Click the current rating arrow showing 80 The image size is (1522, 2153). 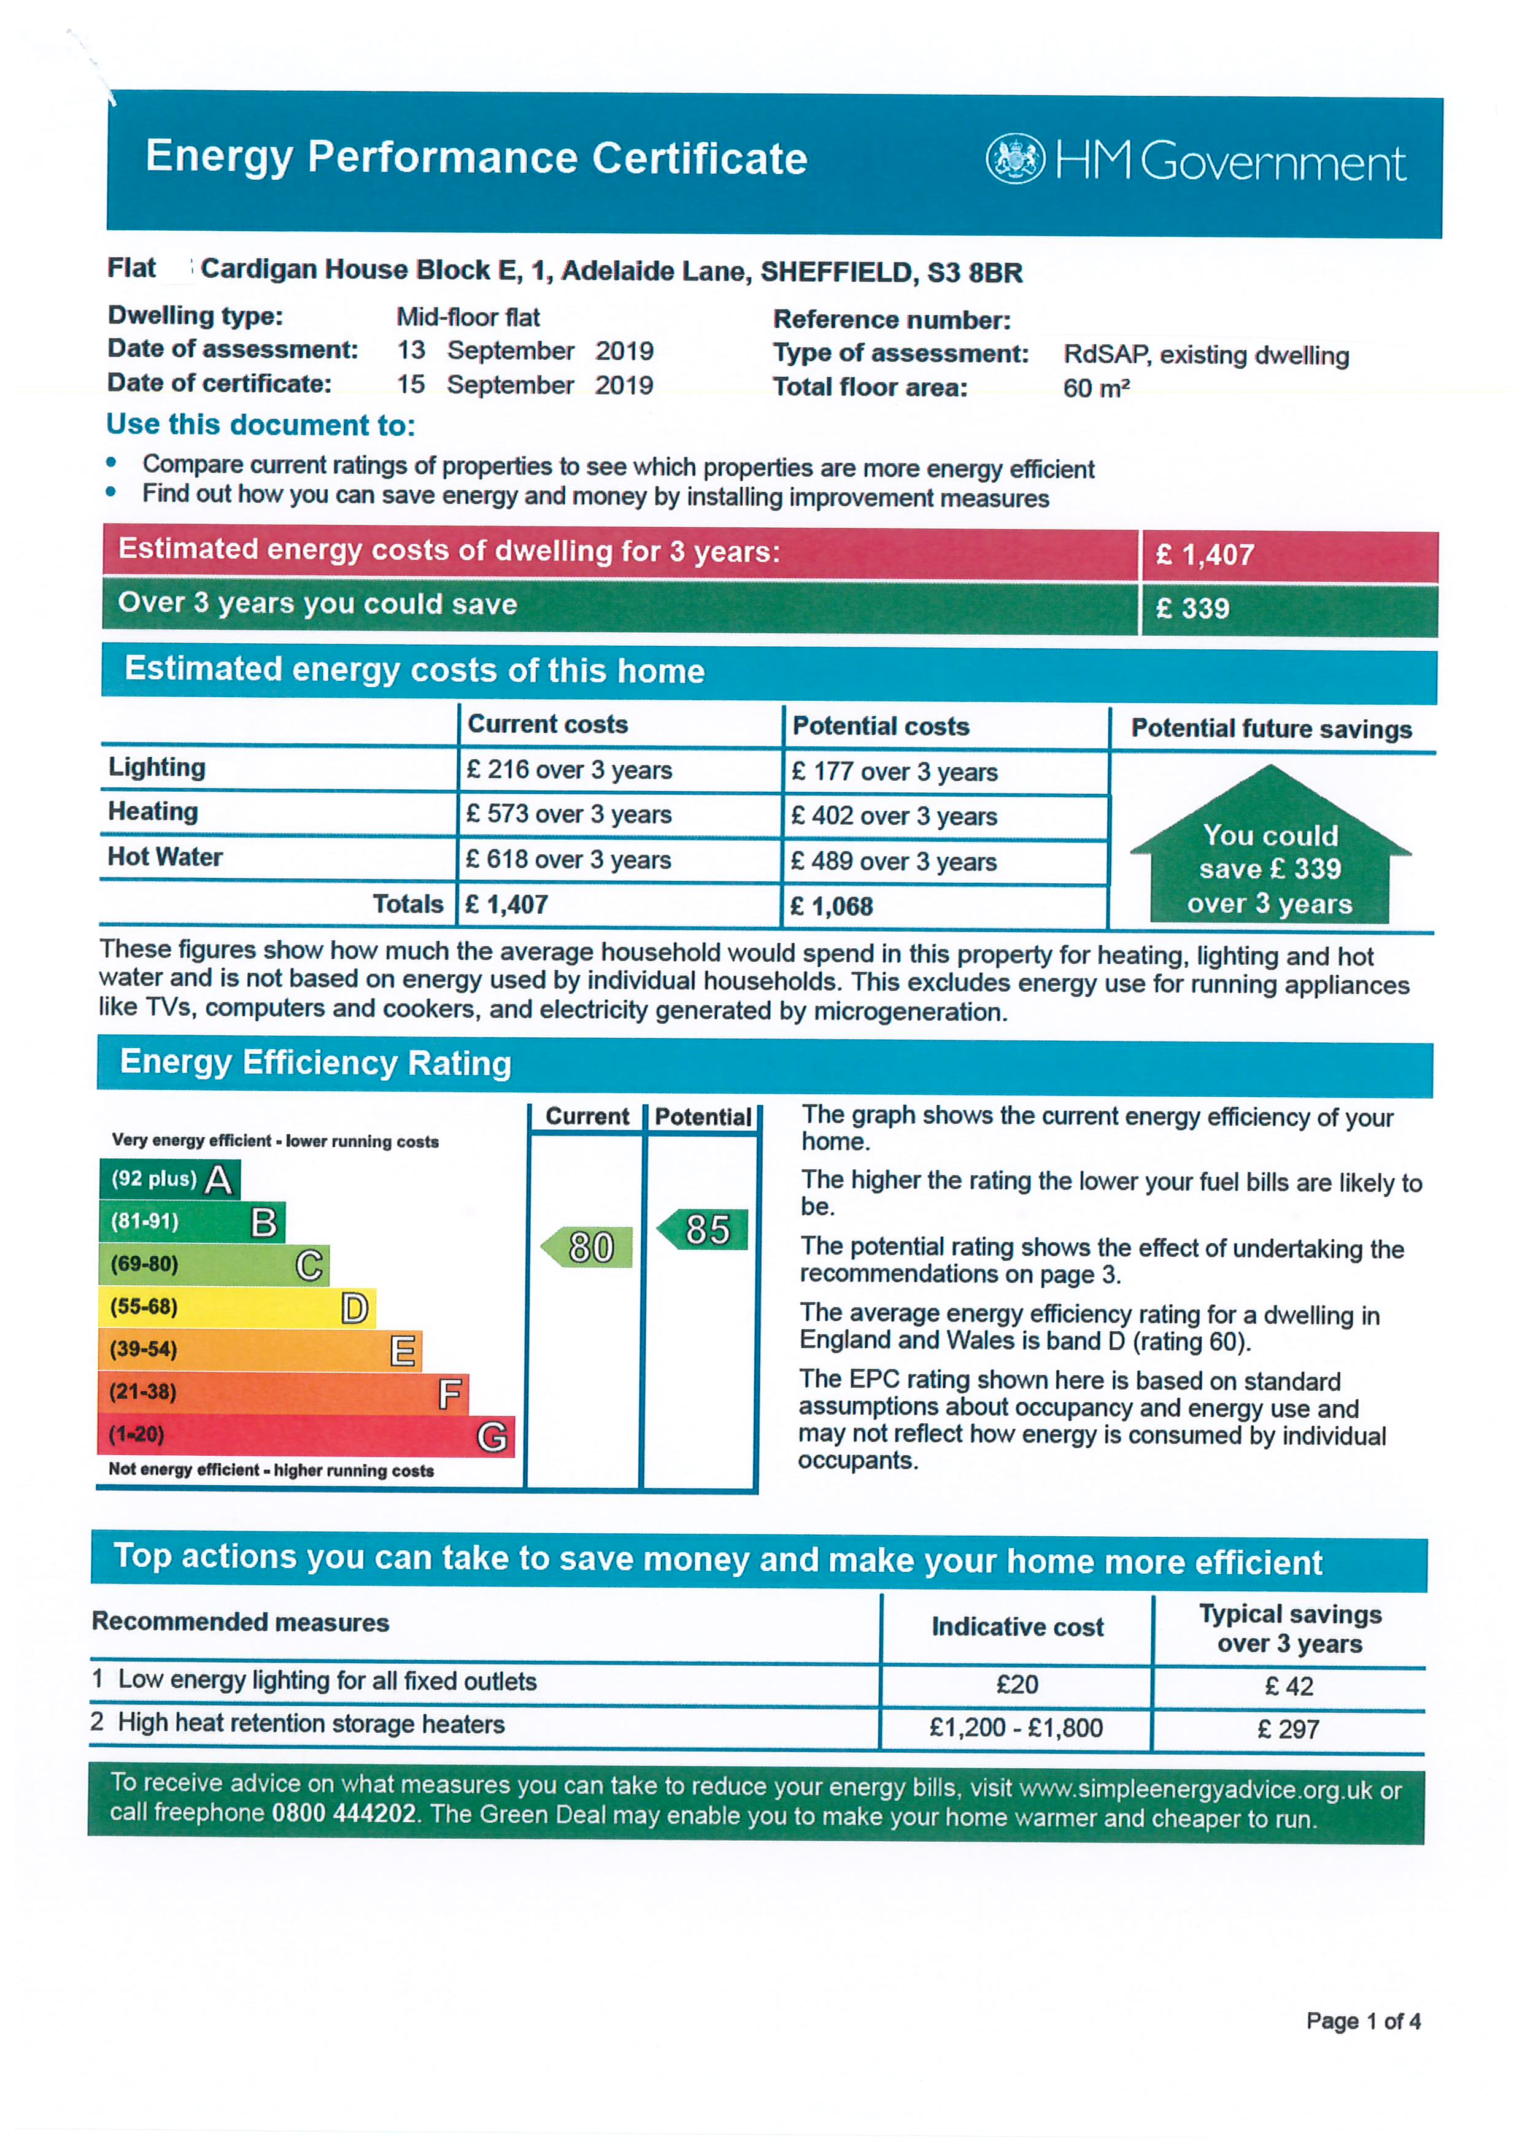tap(588, 1247)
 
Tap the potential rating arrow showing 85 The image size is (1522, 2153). tap(703, 1229)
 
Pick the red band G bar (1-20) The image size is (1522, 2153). tap(306, 1435)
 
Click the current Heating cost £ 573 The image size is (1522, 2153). tap(568, 814)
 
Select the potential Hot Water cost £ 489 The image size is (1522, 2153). tap(893, 861)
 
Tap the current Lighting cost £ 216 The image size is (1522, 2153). tap(568, 770)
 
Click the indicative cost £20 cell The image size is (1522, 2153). tap(1016, 1685)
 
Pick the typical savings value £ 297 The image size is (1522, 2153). tap(1289, 1729)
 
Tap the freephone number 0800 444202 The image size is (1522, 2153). tap(343, 1812)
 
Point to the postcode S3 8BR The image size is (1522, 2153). tap(975, 273)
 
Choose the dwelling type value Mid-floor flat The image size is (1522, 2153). tap(468, 317)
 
